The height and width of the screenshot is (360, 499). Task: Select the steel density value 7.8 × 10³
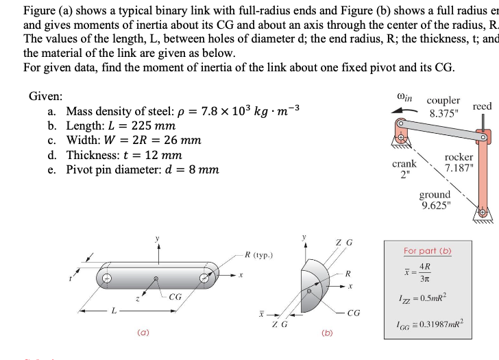pyautogui.click(x=230, y=112)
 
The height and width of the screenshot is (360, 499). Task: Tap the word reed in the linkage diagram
pyautogui.click(x=483, y=107)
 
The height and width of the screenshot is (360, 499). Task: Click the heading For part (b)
pyautogui.click(x=427, y=250)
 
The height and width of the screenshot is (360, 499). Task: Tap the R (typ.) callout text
pyautogui.click(x=261, y=255)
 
